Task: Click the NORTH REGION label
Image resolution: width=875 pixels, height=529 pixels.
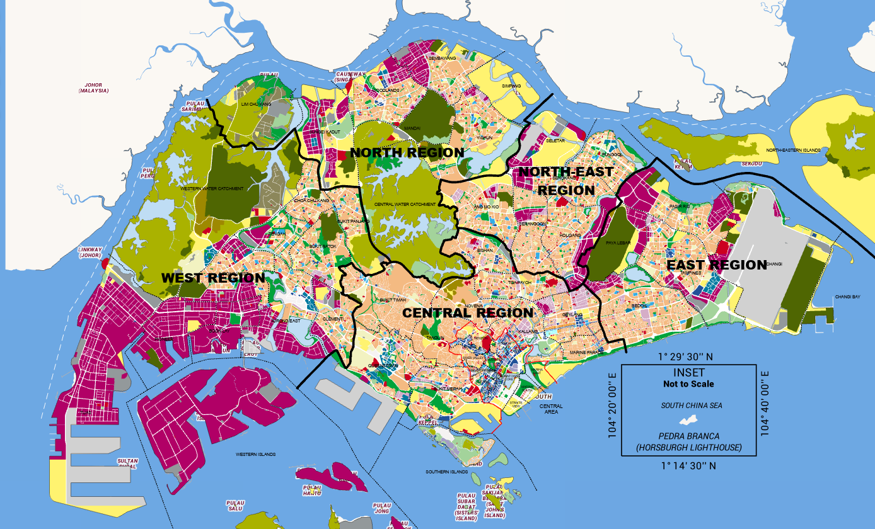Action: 407,152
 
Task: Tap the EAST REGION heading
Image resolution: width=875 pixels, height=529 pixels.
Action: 717,264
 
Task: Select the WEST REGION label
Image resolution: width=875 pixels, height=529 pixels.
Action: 213,278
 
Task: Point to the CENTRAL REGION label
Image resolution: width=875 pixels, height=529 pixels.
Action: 468,312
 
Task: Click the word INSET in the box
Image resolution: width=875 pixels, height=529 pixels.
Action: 688,373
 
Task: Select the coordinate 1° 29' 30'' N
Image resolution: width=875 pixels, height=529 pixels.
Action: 688,356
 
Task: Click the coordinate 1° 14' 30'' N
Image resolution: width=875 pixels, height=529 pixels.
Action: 688,467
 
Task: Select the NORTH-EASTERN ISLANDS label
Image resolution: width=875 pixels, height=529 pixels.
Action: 793,150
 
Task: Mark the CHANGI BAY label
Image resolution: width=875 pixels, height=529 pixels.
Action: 847,296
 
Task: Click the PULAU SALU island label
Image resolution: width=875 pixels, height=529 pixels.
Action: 235,505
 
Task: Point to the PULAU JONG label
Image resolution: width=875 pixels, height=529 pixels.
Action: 382,508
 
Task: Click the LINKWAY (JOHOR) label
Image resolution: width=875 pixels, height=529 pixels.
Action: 88,251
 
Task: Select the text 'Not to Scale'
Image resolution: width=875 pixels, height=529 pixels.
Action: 688,384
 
